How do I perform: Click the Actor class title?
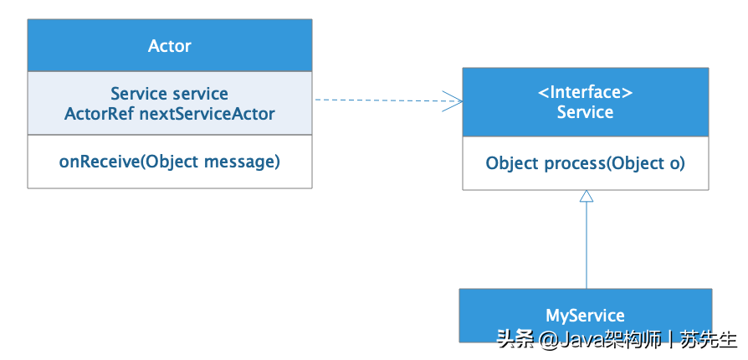169,46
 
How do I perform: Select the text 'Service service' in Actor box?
169,94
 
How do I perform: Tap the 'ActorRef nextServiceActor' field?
169,113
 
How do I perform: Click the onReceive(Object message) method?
169,161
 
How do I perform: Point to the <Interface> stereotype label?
585,92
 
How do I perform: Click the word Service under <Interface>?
585,112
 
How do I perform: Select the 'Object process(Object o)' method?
585,163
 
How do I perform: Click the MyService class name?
585,316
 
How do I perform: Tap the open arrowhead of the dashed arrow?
454,100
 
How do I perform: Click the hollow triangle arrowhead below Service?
587,196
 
